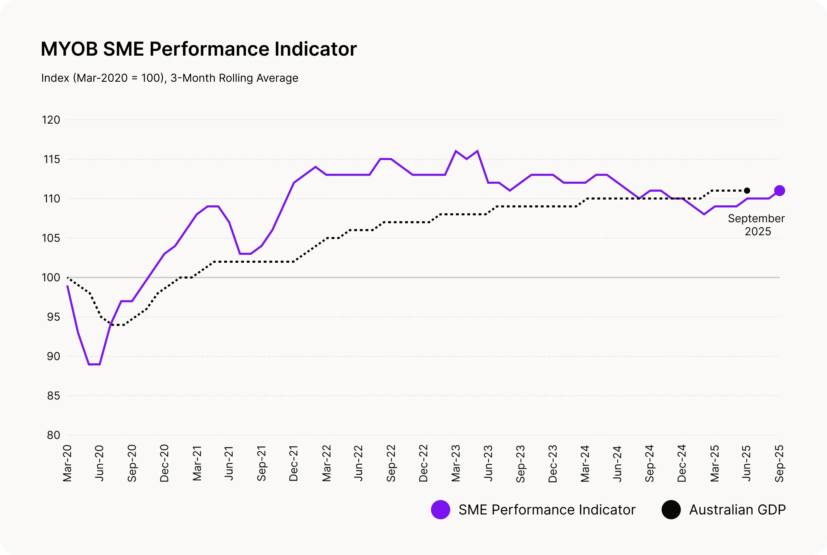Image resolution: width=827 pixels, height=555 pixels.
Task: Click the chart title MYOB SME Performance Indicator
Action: coord(198,49)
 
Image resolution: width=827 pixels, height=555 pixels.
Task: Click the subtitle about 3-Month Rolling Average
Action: coord(170,78)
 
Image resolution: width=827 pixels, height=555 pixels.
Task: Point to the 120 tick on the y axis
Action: coord(51,120)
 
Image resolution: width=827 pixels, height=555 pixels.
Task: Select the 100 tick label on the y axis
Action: coord(51,277)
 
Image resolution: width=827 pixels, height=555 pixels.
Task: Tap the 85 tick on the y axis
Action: coord(54,396)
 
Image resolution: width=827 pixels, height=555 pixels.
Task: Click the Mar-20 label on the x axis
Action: coord(67,463)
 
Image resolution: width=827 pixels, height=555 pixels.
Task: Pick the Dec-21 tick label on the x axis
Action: coord(294,463)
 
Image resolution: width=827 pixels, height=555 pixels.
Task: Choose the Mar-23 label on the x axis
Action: coord(456,463)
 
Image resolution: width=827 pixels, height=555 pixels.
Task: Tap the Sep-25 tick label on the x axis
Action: coord(779,463)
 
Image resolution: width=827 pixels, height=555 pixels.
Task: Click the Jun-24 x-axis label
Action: coord(617,463)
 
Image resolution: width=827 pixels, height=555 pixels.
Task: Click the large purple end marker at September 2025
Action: coord(779,191)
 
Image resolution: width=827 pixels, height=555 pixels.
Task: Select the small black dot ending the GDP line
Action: coord(747,191)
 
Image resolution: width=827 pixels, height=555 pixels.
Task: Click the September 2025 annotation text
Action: coord(756,225)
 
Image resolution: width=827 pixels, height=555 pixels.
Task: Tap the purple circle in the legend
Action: coord(441,510)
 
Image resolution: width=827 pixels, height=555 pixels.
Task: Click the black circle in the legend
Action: coord(671,510)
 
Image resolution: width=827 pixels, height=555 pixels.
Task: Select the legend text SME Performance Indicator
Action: coord(547,510)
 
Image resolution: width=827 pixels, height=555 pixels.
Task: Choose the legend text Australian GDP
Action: coord(737,510)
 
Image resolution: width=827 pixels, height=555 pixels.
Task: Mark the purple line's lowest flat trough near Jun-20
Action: coord(94,364)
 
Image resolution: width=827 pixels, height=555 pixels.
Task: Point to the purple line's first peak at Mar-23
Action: coord(456,151)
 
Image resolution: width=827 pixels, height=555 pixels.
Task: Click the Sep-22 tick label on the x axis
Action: coord(391,463)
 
